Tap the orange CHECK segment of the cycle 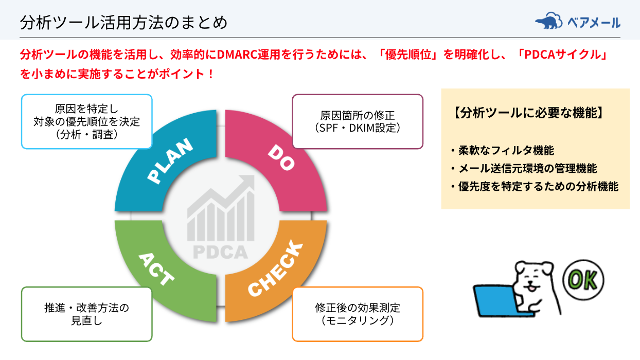[278, 267]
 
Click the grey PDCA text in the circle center [220, 252]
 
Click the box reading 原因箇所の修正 [358, 121]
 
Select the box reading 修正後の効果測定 [358, 314]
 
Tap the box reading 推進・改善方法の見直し [86, 314]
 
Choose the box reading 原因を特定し [86, 121]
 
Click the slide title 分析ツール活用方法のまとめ [123, 23]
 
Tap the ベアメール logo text [594, 23]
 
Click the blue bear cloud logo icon [549, 21]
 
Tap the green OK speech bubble [583, 281]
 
